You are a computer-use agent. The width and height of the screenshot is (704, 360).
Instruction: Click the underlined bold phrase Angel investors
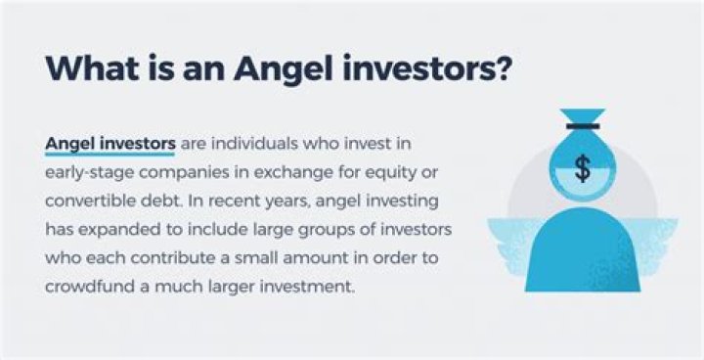tap(110, 144)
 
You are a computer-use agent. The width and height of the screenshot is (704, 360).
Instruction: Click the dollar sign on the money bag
tap(583, 168)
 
